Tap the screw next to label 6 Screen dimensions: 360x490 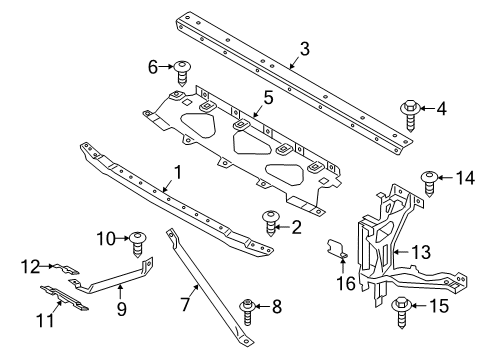(184, 72)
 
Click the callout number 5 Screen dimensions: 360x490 (267, 97)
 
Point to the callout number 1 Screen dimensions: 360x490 (177, 173)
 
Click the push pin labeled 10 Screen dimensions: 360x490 (139, 241)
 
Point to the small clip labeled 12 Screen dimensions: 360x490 (70, 268)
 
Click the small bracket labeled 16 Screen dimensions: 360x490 (339, 250)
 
